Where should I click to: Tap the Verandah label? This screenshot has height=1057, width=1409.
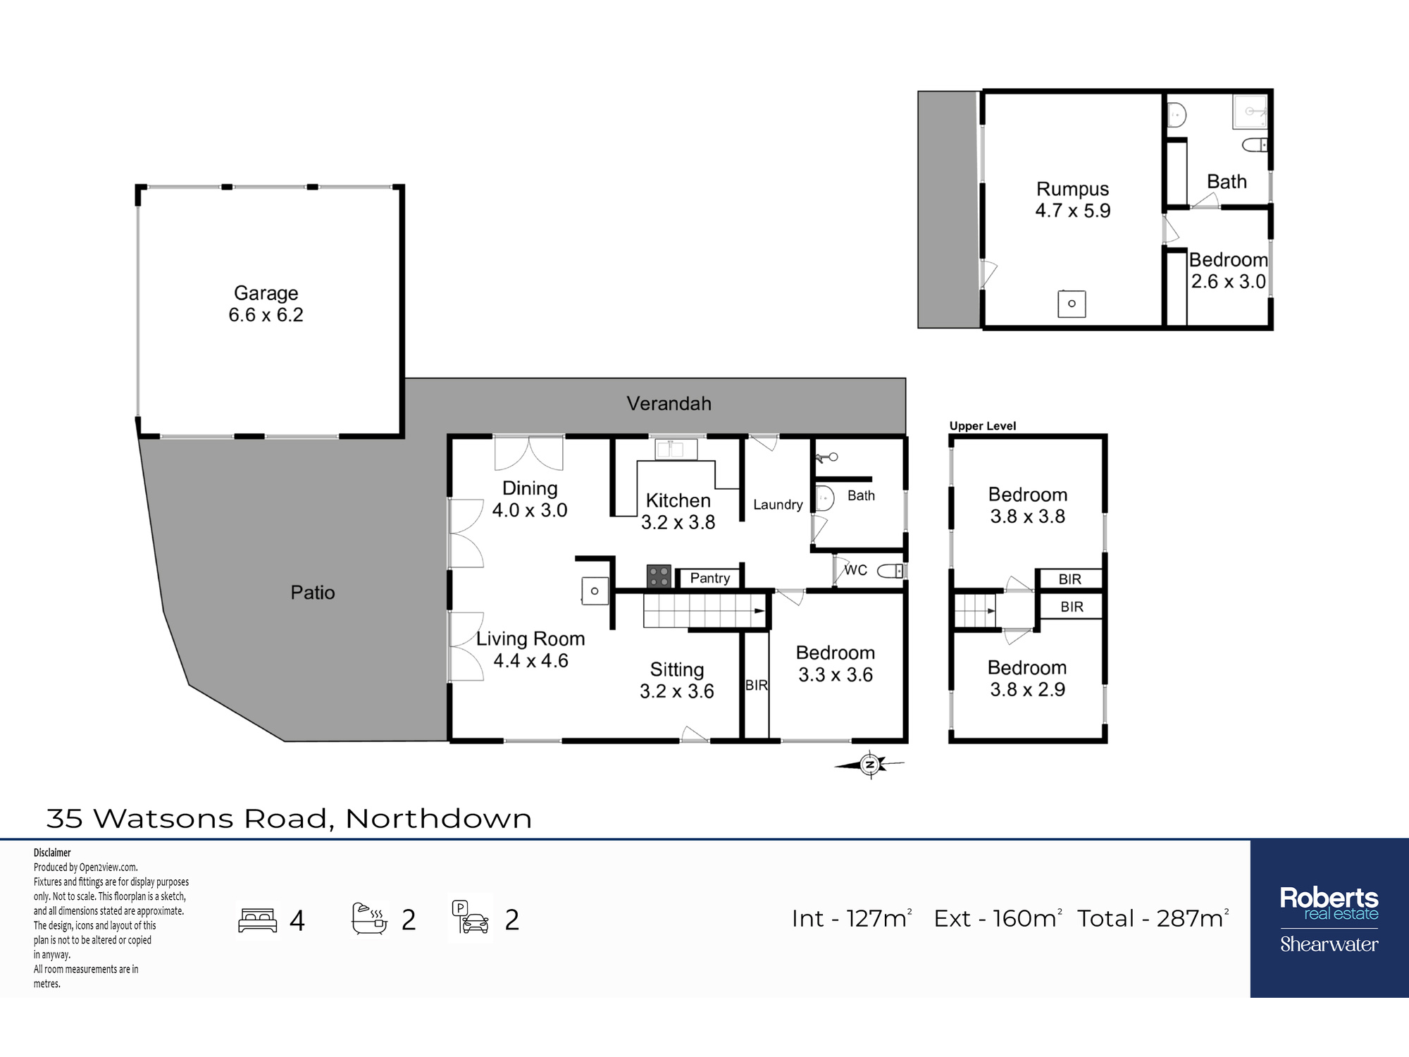point(669,404)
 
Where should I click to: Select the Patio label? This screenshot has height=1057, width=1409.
point(313,593)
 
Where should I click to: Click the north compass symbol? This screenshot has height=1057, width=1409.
point(870,764)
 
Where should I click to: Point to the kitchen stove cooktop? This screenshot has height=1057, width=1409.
point(659,576)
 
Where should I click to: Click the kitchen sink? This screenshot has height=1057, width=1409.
point(676,449)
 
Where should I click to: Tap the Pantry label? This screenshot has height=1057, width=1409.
point(710,579)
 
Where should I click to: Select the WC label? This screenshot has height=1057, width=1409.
point(856,570)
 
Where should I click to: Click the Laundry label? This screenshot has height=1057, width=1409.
point(778,505)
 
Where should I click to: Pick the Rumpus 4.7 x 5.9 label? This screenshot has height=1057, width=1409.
point(1072,199)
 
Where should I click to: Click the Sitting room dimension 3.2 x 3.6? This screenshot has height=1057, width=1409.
point(676,691)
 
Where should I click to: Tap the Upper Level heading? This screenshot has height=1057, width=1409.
point(983,426)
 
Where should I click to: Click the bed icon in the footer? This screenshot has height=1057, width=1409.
point(258,920)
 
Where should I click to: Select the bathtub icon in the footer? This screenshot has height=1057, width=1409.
point(370,919)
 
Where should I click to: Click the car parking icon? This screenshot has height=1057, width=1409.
point(471,917)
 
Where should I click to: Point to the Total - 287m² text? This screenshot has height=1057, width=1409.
point(1153,918)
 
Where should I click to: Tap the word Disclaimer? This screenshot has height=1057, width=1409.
point(52,853)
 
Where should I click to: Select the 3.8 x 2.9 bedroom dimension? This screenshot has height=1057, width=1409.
point(1027,689)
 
